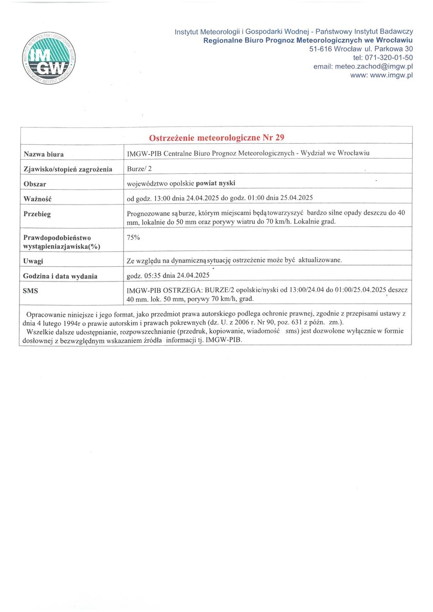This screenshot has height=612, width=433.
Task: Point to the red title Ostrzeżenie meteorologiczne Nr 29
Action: click(217, 138)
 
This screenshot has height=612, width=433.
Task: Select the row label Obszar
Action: click(35, 184)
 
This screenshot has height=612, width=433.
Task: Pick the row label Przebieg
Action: click(37, 214)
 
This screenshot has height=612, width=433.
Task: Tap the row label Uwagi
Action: click(33, 261)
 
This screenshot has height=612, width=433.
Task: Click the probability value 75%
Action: click(133, 237)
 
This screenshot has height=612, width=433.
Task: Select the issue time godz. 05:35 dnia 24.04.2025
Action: click(168, 276)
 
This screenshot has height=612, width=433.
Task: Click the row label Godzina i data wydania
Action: click(60, 276)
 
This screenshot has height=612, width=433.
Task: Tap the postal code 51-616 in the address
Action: click(322, 49)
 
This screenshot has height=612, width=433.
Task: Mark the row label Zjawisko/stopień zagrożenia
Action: click(68, 169)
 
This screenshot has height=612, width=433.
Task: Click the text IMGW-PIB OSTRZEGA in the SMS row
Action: click(163, 291)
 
